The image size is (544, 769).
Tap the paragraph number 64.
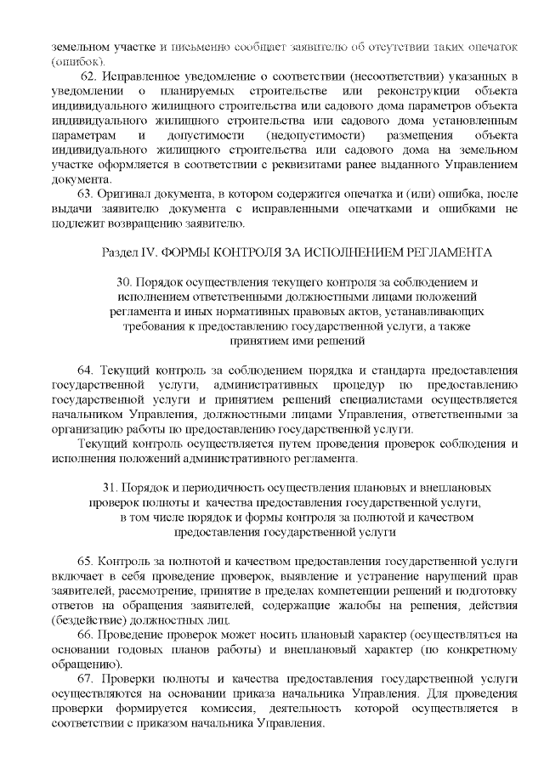pyautogui.click(x=84, y=371)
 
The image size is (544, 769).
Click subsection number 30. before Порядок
pyautogui.click(x=123, y=281)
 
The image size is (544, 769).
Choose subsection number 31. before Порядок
pyautogui.click(x=110, y=489)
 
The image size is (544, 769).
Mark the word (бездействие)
pyautogui.click(x=88, y=619)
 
